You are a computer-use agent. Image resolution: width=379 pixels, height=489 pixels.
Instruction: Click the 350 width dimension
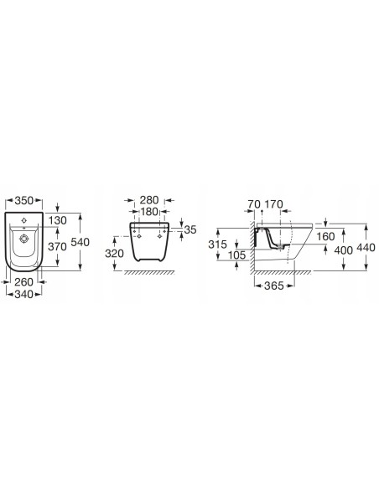pos(24,200)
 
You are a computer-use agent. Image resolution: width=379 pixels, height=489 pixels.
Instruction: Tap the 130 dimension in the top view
pos(58,220)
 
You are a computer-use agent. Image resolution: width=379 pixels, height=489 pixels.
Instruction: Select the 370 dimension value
pos(58,247)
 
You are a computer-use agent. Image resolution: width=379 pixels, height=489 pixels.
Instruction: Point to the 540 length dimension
pos(80,242)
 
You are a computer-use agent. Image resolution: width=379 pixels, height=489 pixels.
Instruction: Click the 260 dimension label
pos(23,282)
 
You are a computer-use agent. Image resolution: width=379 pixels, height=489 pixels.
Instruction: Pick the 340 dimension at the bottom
pos(23,294)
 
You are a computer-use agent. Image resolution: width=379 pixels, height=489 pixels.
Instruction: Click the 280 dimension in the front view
pos(149,200)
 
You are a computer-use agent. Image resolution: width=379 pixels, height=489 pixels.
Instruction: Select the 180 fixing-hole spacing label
pos(149,212)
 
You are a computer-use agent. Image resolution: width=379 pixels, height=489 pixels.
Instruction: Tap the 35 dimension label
pos(190,229)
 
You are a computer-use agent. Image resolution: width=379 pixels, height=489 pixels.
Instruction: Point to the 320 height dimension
pos(115,254)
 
